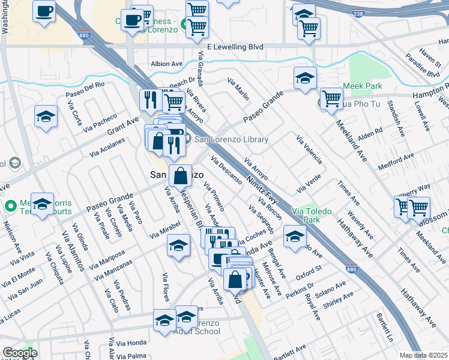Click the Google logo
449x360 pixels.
pyautogui.click(x=20, y=353)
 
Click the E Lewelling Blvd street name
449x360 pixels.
pyautogui.click(x=235, y=46)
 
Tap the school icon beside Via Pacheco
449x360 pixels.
pyautogui.click(x=46, y=116)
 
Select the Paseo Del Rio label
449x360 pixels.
pyautogui.click(x=85, y=88)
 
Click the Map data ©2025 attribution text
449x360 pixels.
pyautogui.click(x=423, y=355)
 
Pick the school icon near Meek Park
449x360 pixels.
pyautogui.click(x=305, y=77)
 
